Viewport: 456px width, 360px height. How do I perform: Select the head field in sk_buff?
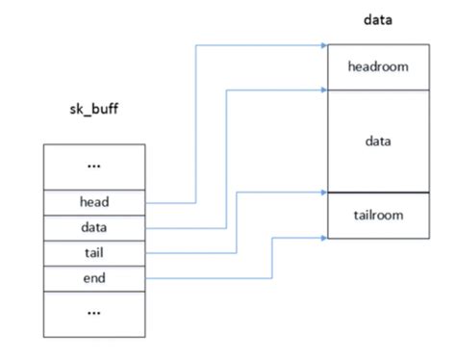pos(94,202)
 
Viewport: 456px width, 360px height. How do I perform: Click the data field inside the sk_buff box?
pos(94,228)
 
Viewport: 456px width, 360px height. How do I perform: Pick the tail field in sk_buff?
pos(94,253)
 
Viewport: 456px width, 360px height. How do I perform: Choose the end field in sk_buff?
pos(94,279)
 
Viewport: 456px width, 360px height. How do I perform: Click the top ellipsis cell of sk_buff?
pos(94,166)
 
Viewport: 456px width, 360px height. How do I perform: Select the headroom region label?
pos(376,66)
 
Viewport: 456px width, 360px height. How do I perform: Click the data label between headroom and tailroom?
pos(376,141)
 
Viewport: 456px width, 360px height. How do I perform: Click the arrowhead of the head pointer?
pos(322,44)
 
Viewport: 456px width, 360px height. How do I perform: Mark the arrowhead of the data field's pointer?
pos(322,90)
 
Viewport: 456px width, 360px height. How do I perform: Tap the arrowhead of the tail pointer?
pos(322,192)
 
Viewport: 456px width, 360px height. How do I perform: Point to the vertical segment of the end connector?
pos(273,258)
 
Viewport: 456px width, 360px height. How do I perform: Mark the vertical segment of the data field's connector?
pos(226,159)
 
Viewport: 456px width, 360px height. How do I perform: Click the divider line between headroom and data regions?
pos(376,90)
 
